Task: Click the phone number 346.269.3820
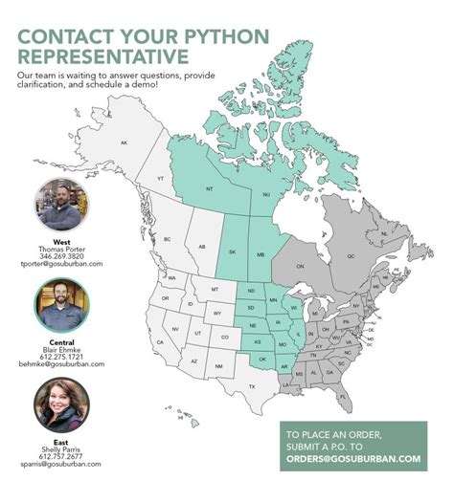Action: click(x=62, y=256)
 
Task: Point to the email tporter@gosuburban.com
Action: click(x=62, y=264)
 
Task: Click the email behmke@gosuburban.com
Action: click(x=62, y=364)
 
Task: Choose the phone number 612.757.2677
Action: click(x=62, y=456)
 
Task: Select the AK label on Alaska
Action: click(x=123, y=142)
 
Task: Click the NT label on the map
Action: click(x=210, y=188)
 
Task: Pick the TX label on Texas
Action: click(x=253, y=385)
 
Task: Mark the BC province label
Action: click(x=167, y=239)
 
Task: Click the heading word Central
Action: click(x=62, y=342)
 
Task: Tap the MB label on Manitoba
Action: click(x=261, y=253)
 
